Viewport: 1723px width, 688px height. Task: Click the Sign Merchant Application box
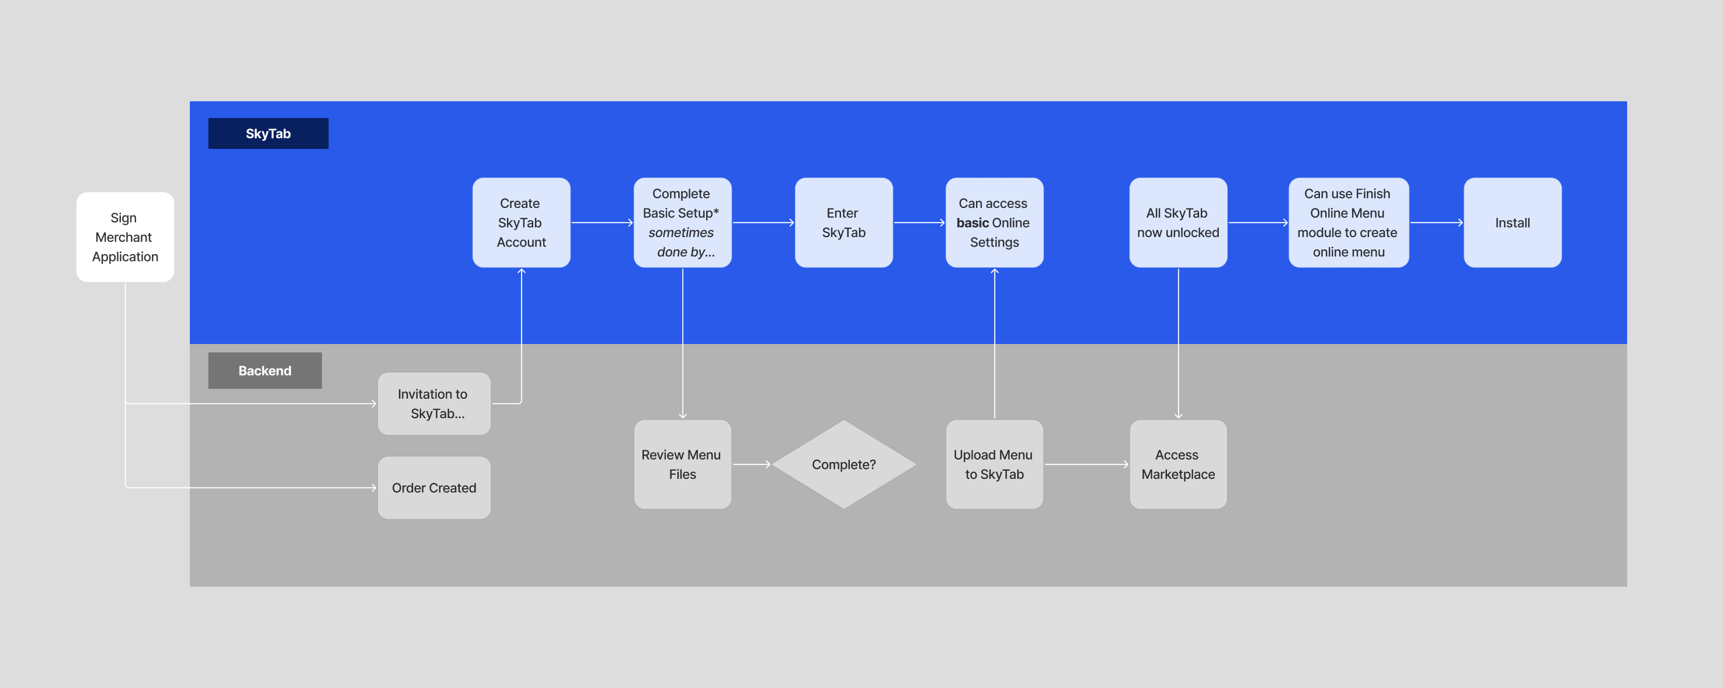coord(125,237)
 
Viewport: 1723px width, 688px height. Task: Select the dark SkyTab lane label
coord(268,133)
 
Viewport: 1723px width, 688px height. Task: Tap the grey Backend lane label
coord(265,370)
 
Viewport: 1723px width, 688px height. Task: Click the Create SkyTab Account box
coord(521,223)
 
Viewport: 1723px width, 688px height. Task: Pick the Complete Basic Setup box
coord(682,223)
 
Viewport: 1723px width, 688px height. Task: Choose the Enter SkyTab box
coord(843,223)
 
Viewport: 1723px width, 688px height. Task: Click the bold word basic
coord(972,223)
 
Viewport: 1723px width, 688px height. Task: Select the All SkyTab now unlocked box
coord(1178,223)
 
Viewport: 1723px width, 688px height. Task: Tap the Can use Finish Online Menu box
coord(1348,223)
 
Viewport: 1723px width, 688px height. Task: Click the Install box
coord(1512,223)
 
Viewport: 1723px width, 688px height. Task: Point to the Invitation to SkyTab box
coord(434,404)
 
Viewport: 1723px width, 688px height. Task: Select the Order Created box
coord(434,488)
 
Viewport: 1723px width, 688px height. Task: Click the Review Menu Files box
coord(682,464)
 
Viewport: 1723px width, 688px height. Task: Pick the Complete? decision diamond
coord(843,464)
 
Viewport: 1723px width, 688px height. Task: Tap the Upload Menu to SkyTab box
coord(994,464)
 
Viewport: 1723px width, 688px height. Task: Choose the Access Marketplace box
coord(1178,464)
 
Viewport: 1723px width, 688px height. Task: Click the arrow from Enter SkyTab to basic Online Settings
coord(919,223)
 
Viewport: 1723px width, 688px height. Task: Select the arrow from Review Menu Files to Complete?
coord(752,464)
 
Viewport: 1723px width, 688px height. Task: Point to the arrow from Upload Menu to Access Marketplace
coord(1086,464)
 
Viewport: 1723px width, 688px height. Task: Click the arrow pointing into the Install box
coord(1436,223)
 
